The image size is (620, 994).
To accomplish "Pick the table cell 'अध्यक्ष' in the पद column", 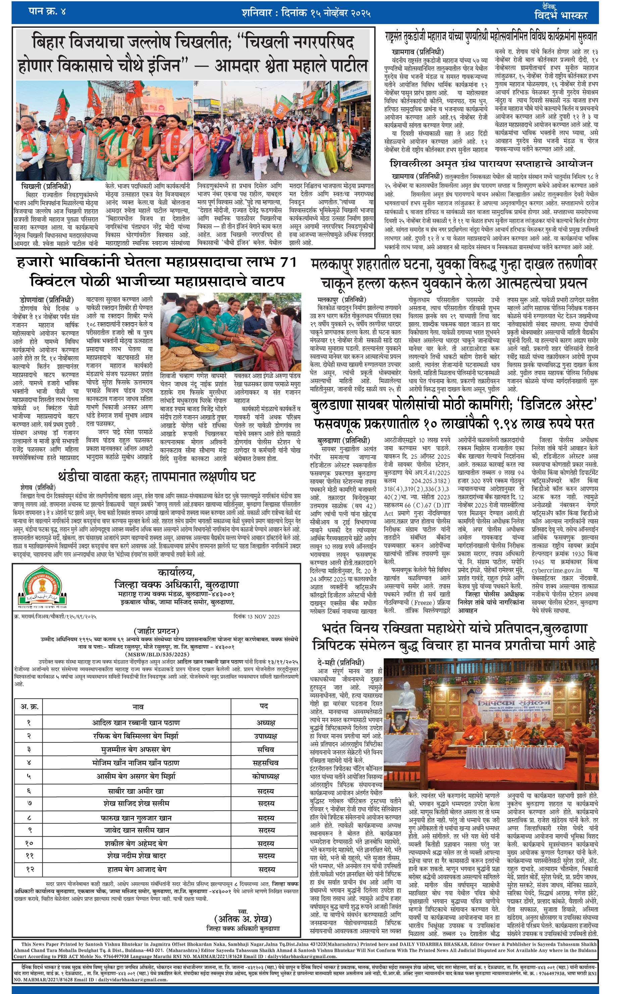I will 266,722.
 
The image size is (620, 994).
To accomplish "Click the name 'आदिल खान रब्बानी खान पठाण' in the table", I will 136,722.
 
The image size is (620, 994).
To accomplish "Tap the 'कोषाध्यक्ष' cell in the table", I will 266,776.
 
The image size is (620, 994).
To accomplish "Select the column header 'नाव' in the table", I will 138,706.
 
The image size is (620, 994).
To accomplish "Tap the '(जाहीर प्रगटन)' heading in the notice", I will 156,631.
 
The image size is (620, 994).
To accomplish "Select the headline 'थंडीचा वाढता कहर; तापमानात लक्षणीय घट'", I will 157,477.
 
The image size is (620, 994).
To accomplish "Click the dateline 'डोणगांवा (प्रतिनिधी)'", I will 47,299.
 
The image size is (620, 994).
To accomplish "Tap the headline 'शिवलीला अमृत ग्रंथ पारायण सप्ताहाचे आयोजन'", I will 491,164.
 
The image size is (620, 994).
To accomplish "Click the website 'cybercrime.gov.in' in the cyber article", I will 557,570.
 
